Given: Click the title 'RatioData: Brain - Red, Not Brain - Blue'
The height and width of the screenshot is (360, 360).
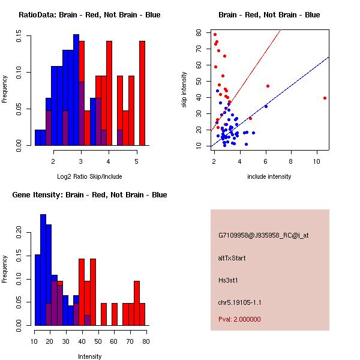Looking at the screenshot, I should (89, 14).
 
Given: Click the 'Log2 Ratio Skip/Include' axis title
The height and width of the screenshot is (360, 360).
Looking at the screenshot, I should (89, 176).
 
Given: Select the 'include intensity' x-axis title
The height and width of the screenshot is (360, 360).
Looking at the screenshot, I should (269, 176).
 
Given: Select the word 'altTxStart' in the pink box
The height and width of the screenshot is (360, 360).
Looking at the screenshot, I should (232, 258).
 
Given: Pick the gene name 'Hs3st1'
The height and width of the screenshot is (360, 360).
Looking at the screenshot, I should (229, 280).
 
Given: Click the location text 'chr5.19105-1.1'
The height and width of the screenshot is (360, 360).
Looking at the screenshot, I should (240, 302).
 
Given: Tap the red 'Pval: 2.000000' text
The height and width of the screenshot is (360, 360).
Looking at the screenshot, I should (239, 319).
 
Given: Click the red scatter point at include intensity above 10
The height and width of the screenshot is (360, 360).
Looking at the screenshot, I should (325, 98).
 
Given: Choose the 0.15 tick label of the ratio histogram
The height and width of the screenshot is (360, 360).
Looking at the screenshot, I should (20, 37).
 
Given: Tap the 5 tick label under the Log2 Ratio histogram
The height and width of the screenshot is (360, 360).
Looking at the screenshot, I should (136, 161).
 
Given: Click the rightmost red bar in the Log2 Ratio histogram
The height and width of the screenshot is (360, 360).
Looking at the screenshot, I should (142, 93).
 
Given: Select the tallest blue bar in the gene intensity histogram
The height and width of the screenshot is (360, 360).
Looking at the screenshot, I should (43, 269).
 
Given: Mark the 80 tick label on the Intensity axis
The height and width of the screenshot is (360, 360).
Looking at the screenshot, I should (146, 341).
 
